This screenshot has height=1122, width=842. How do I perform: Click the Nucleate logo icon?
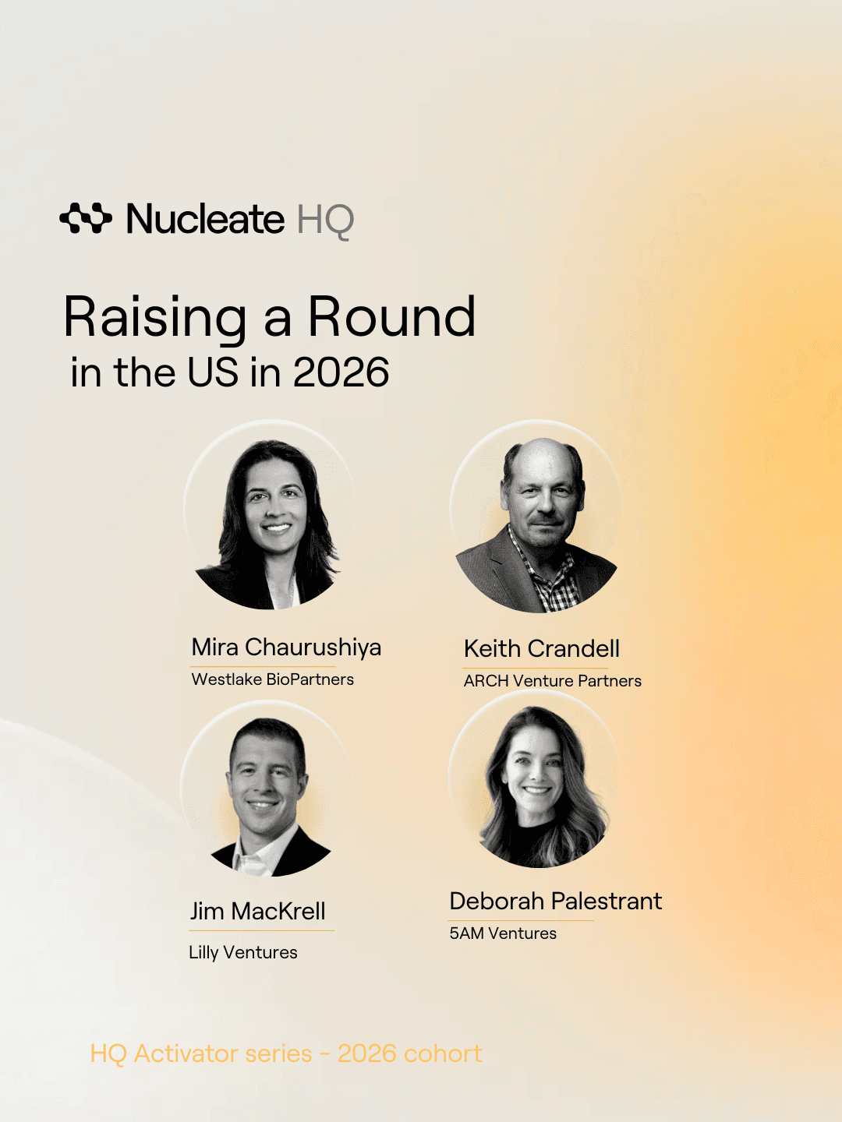click(86, 218)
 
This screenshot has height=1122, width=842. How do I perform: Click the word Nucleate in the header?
click(205, 219)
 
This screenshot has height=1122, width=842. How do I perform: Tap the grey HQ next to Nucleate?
click(325, 221)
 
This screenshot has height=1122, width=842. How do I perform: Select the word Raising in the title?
click(155, 319)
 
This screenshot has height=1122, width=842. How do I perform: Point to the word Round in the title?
click(392, 317)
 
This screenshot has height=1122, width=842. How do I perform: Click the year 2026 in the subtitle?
click(341, 372)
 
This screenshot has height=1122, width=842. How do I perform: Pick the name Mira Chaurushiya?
click(286, 647)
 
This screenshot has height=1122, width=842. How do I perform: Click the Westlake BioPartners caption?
click(273, 679)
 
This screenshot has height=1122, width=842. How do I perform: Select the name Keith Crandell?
click(541, 649)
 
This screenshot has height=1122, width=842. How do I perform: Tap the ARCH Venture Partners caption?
click(552, 681)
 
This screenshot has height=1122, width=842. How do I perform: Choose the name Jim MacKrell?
click(257, 912)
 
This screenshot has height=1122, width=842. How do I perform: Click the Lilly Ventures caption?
click(242, 953)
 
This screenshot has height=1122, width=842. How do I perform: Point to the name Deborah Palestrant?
click(556, 901)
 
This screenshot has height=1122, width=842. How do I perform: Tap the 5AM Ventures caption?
click(503, 933)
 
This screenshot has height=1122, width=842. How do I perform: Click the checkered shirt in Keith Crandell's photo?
click(552, 580)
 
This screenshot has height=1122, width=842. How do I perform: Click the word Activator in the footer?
click(222, 1053)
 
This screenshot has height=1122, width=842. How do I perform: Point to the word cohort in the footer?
click(443, 1053)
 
